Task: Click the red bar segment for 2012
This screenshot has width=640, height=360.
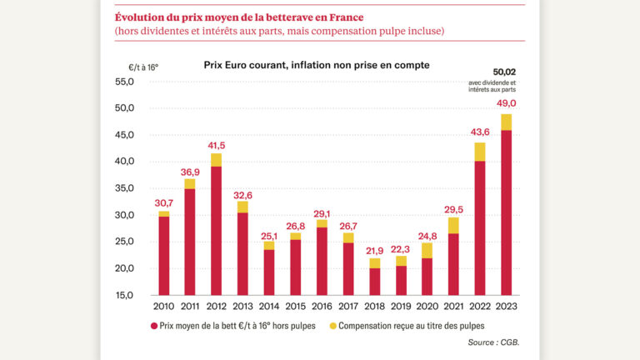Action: click(216, 230)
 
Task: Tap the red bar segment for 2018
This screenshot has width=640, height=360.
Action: click(375, 281)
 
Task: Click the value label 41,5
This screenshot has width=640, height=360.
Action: click(216, 145)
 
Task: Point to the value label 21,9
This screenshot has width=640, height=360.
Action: click(375, 250)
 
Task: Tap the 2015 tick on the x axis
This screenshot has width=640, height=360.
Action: click(295, 307)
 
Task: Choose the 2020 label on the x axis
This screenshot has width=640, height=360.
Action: click(427, 307)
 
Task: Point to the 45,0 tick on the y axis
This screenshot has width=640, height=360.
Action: click(124, 135)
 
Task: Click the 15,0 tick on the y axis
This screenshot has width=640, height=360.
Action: click(124, 295)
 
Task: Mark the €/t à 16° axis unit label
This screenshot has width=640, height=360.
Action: click(142, 67)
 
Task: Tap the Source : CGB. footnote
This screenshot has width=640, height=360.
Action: click(492, 342)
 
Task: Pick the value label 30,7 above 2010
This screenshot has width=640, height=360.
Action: click(163, 202)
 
